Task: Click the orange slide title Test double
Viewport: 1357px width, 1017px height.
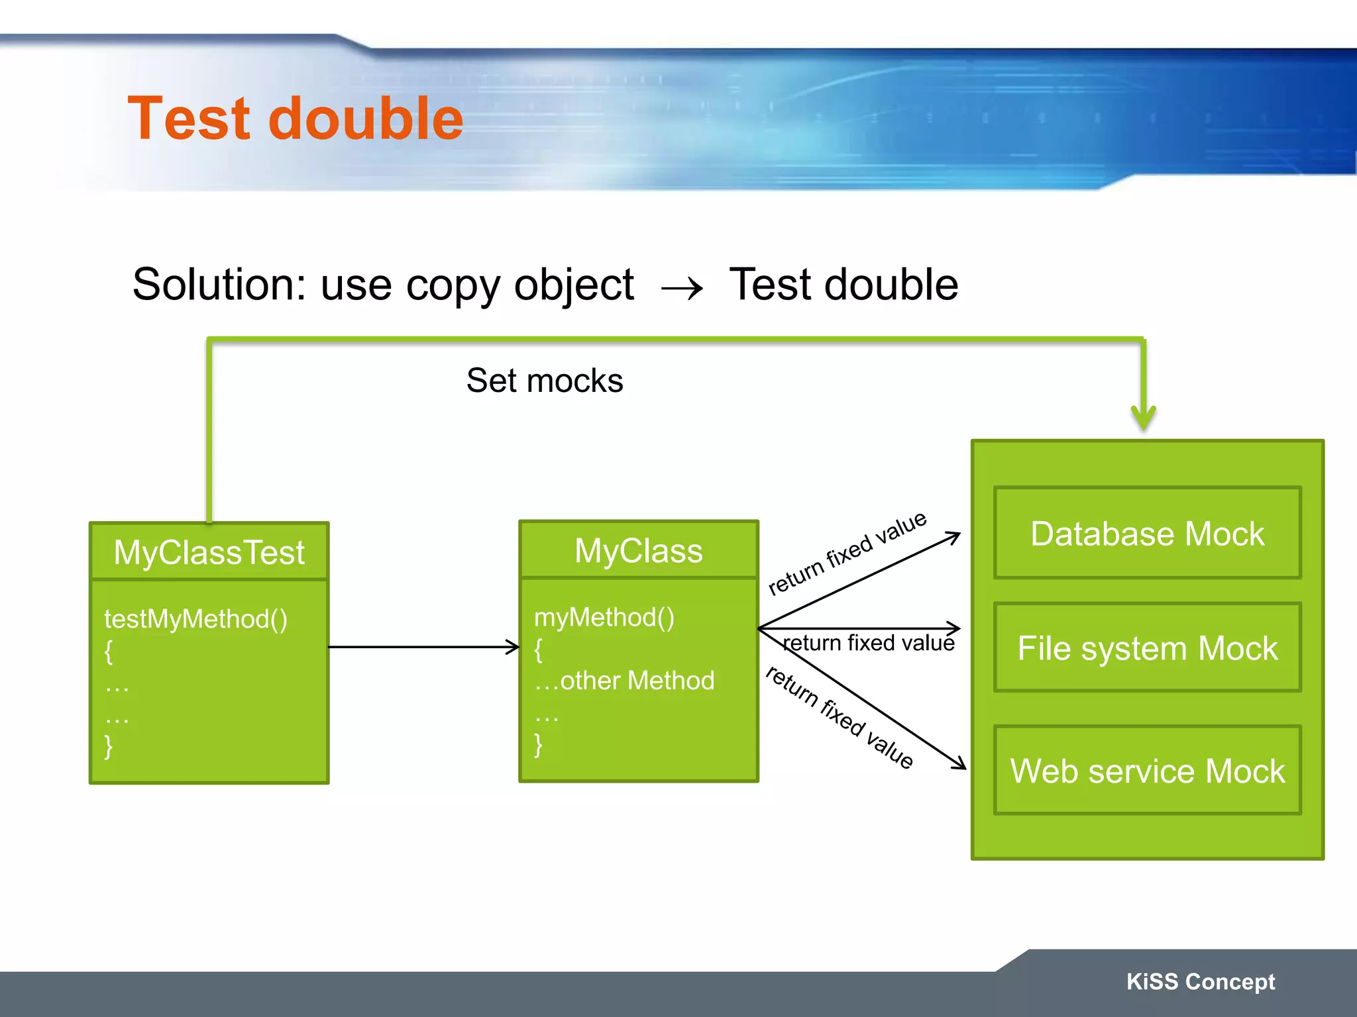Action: click(x=296, y=119)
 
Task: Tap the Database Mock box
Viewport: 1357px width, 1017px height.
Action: click(x=1147, y=534)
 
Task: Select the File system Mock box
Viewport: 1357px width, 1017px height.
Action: click(x=1147, y=648)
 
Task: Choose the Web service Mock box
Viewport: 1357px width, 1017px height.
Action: click(x=1147, y=771)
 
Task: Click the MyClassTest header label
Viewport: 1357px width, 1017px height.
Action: click(x=209, y=552)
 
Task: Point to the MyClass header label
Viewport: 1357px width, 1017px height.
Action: click(x=638, y=551)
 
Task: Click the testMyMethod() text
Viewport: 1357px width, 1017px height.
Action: click(x=196, y=619)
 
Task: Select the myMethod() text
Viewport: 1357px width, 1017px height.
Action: click(x=604, y=618)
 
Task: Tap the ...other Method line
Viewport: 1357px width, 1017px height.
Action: click(x=624, y=681)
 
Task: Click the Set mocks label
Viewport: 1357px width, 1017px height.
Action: click(x=545, y=381)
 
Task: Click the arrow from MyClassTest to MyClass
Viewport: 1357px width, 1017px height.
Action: click(x=424, y=647)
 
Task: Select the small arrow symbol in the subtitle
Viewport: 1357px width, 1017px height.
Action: click(x=682, y=289)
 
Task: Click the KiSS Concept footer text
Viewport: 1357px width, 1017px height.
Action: click(x=1201, y=981)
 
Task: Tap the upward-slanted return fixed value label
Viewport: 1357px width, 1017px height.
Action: click(x=847, y=554)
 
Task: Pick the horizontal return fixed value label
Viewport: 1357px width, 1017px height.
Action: click(x=869, y=643)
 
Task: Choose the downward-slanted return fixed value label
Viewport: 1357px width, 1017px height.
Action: click(x=840, y=717)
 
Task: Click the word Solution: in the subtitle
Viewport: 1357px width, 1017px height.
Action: click(x=219, y=285)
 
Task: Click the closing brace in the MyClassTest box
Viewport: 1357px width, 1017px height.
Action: click(x=109, y=746)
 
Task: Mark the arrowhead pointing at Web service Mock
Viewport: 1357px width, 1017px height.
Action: click(x=959, y=764)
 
